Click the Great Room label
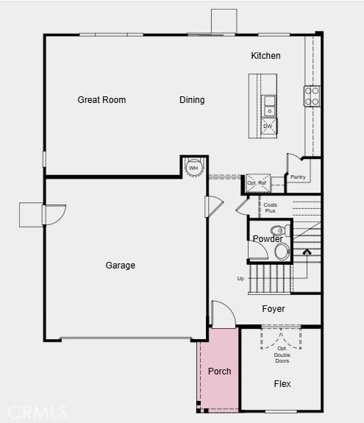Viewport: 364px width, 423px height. [x=101, y=100]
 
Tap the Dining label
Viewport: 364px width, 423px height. [x=192, y=100]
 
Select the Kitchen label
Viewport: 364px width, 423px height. [x=265, y=56]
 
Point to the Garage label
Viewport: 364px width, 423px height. [x=120, y=266]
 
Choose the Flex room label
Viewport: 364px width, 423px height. [x=282, y=384]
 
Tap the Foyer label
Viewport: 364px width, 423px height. [x=274, y=309]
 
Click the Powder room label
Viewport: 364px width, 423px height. [x=268, y=239]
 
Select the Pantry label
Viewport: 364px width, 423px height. [x=298, y=177]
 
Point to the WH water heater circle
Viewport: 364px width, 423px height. [x=193, y=168]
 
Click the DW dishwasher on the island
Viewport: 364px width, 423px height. [x=268, y=126]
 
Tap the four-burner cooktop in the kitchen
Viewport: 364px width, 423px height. [x=312, y=96]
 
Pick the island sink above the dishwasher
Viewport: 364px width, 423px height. [x=269, y=104]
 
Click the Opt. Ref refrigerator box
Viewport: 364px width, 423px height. [x=257, y=182]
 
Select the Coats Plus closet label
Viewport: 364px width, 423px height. [x=271, y=208]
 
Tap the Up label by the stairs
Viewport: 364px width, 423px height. [x=240, y=279]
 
